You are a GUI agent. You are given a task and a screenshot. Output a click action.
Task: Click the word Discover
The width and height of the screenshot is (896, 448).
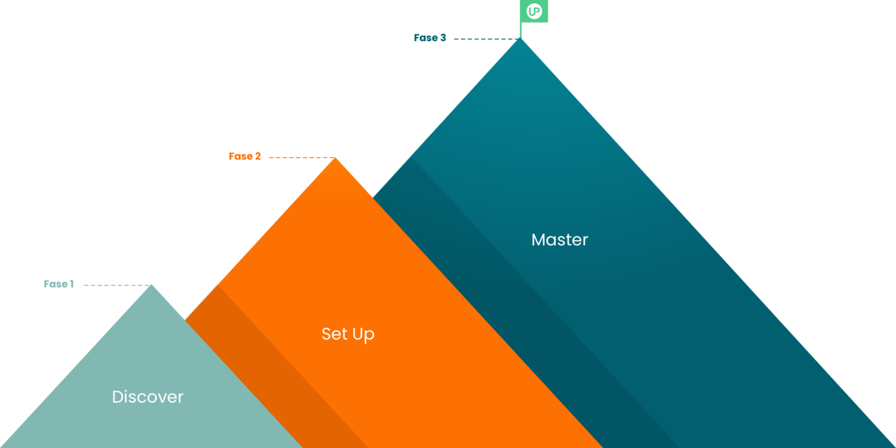coord(148,397)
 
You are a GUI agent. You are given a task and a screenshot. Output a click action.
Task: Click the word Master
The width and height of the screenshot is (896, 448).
coord(560,240)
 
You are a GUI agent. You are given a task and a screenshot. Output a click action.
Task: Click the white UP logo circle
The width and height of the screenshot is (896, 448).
coord(534,11)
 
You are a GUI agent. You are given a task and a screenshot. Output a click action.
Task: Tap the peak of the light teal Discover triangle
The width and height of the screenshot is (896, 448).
coord(152,281)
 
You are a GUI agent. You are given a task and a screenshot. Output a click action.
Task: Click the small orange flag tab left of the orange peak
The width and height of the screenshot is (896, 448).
coord(243,161)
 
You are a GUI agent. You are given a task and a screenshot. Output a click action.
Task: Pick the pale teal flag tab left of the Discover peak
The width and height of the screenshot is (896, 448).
coord(57,291)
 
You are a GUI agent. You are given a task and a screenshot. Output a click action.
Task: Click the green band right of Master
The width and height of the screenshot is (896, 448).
coord(747,149)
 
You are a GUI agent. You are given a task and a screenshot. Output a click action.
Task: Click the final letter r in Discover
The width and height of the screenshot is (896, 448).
coord(180,398)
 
